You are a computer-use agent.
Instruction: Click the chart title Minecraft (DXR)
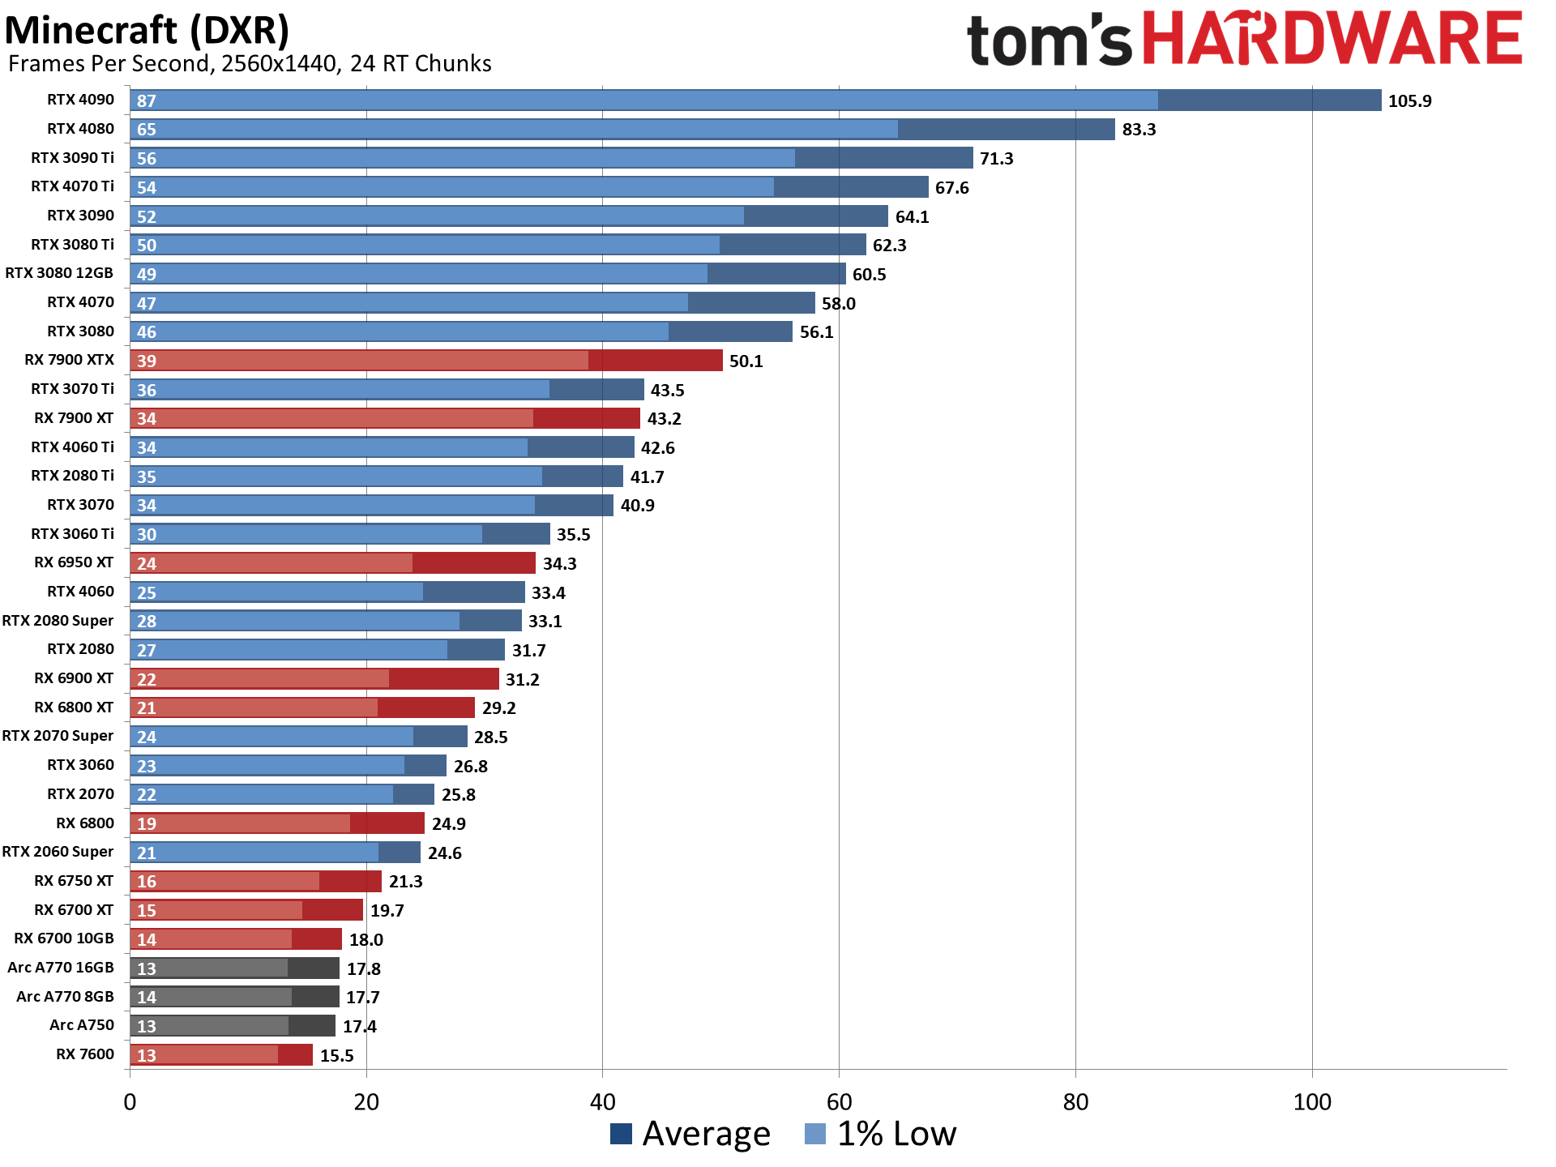[147, 31]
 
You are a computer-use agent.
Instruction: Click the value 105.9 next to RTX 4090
[1409, 101]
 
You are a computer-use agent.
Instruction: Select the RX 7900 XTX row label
[69, 360]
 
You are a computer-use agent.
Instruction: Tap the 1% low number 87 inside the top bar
[147, 101]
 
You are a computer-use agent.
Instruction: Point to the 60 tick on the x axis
[839, 1102]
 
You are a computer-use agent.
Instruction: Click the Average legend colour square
[621, 1134]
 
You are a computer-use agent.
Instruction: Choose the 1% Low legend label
[896, 1134]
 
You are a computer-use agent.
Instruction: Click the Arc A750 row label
[81, 1025]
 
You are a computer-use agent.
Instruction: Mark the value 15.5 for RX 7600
[337, 1055]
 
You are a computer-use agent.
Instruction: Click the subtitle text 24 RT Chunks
[421, 64]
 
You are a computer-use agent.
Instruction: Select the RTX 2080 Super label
[58, 621]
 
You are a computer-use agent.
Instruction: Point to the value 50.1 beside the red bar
[746, 361]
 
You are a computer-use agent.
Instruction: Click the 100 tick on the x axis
[1312, 1102]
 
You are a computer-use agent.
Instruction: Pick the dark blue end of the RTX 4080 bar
[1006, 130]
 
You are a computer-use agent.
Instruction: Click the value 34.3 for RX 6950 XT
[559, 564]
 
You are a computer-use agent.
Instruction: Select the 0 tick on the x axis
[130, 1102]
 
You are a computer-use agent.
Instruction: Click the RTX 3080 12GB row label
[59, 273]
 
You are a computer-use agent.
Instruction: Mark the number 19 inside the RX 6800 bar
[147, 824]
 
